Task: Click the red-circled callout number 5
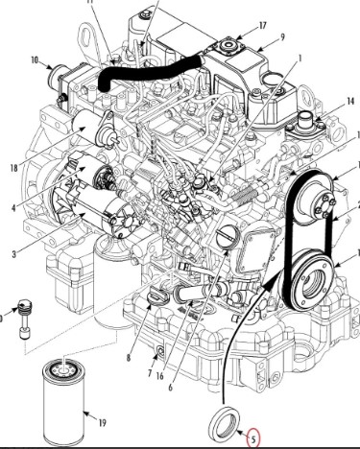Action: (x=253, y=439)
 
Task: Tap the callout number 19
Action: (x=102, y=424)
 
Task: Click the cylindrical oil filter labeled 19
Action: (x=64, y=402)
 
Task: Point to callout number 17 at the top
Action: (x=262, y=26)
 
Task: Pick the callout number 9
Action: (x=282, y=37)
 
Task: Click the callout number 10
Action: (x=35, y=59)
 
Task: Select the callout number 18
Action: (x=13, y=168)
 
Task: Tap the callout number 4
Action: (x=13, y=208)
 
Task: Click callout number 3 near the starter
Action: (x=13, y=254)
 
